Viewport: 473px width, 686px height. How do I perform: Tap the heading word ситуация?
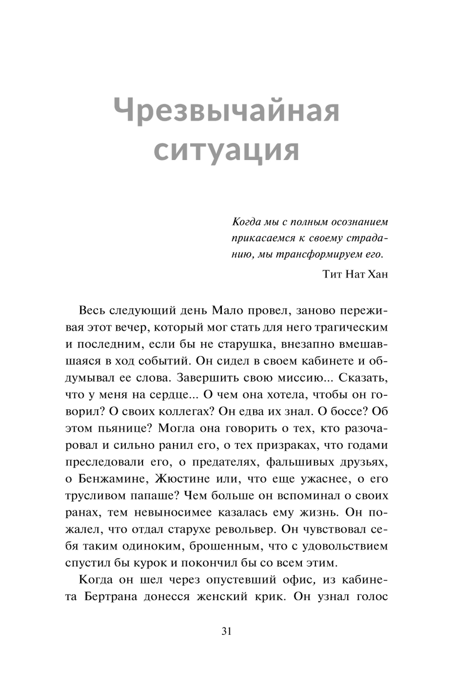(227, 150)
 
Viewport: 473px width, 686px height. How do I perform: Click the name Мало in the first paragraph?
(229, 310)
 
